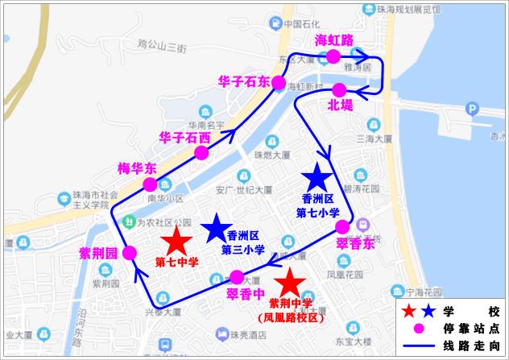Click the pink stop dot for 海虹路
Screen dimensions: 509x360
pyautogui.click(x=332, y=56)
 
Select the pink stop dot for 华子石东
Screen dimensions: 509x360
pyautogui.click(x=279, y=82)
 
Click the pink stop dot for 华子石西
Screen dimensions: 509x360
pyautogui.click(x=202, y=152)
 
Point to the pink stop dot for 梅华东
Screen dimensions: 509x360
pyautogui.click(x=151, y=184)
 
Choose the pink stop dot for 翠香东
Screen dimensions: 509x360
pyautogui.click(x=342, y=226)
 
